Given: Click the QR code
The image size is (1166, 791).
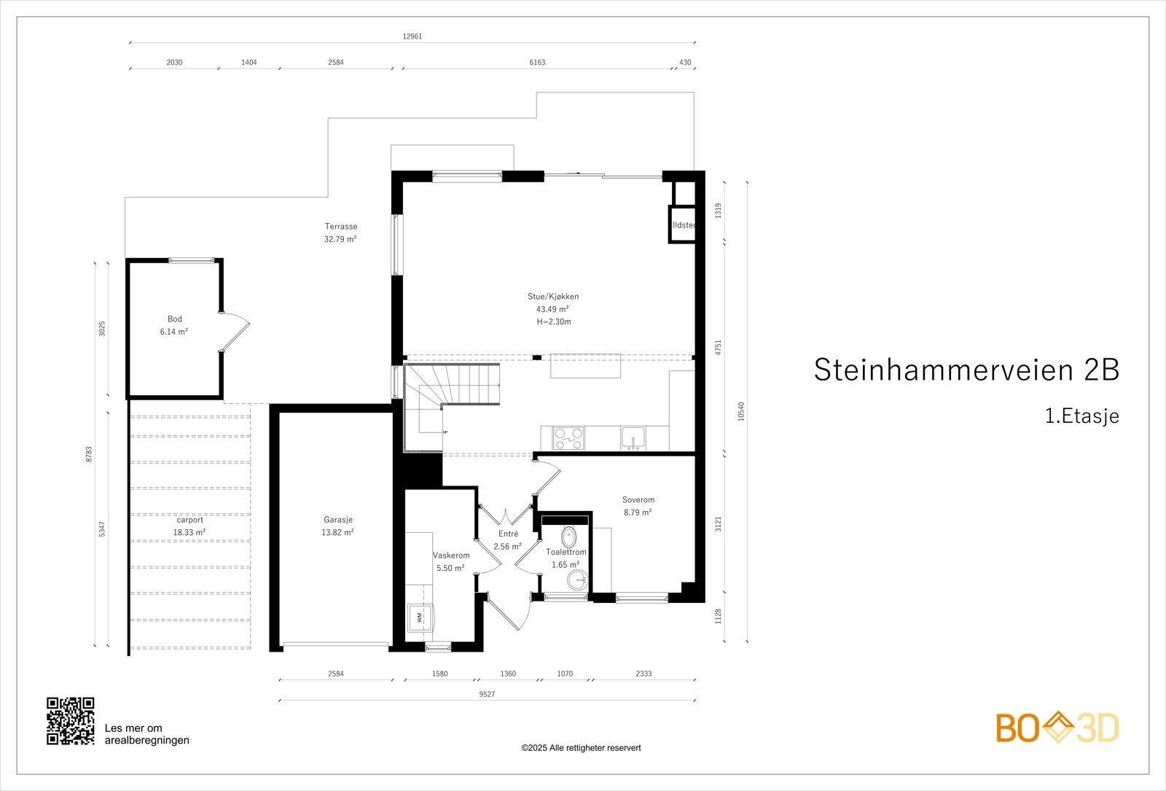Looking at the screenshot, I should point(71,721).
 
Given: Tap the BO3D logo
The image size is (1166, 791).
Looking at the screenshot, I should point(1057,728).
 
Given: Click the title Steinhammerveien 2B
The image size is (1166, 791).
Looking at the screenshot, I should point(966,370).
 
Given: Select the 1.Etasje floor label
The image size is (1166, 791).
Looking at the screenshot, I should point(1081,416).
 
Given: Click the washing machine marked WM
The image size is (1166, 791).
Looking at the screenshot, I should point(420,617).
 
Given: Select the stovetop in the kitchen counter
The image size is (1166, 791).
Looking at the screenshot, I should point(568,438).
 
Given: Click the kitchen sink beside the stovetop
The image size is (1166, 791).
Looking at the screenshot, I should point(633,438).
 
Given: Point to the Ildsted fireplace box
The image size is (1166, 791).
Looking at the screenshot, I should point(683,225).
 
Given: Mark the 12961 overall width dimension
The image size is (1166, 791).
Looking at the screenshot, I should point(412,36).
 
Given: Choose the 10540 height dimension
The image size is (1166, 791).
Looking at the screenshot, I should point(741,412).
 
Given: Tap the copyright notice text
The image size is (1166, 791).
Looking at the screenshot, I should point(581,748).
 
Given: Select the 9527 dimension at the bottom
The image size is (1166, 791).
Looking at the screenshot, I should point(487,694).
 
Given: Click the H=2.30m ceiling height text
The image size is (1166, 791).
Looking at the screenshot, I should point(553,322).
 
